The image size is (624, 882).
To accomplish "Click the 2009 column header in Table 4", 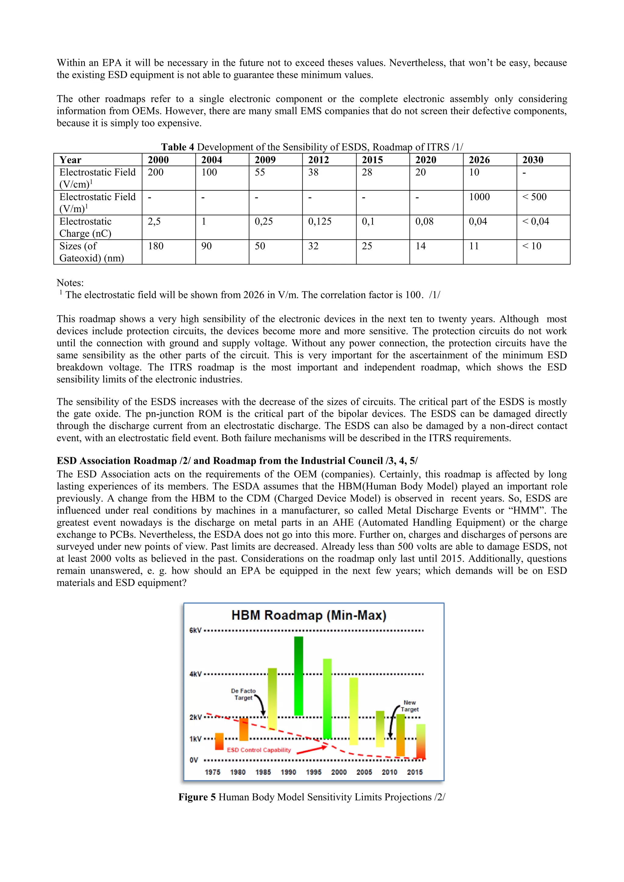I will pos(265,160).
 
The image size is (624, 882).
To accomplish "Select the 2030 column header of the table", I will pos(533,160).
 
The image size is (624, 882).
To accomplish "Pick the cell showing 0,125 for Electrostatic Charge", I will pos(320,222).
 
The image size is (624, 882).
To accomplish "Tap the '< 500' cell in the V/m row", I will pos(534,197).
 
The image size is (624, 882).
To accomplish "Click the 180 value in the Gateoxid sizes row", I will pos(156,246).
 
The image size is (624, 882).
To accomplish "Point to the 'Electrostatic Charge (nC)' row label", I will pos(85,228).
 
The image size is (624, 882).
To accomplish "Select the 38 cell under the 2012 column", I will pos(313,172).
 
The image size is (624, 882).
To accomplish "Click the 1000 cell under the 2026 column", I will pos(479,197).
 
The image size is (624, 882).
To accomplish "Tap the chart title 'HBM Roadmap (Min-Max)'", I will pos(309,616).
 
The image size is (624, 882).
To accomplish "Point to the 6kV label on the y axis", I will pos(195,630).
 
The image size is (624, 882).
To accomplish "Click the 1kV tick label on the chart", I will pos(195,739).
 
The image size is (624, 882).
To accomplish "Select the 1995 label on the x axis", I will pos(314,772).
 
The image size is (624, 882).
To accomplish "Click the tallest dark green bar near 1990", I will pos(299,676).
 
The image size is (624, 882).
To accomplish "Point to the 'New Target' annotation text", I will pos(409,706).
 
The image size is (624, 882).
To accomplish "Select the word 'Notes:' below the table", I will pos(70,283).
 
